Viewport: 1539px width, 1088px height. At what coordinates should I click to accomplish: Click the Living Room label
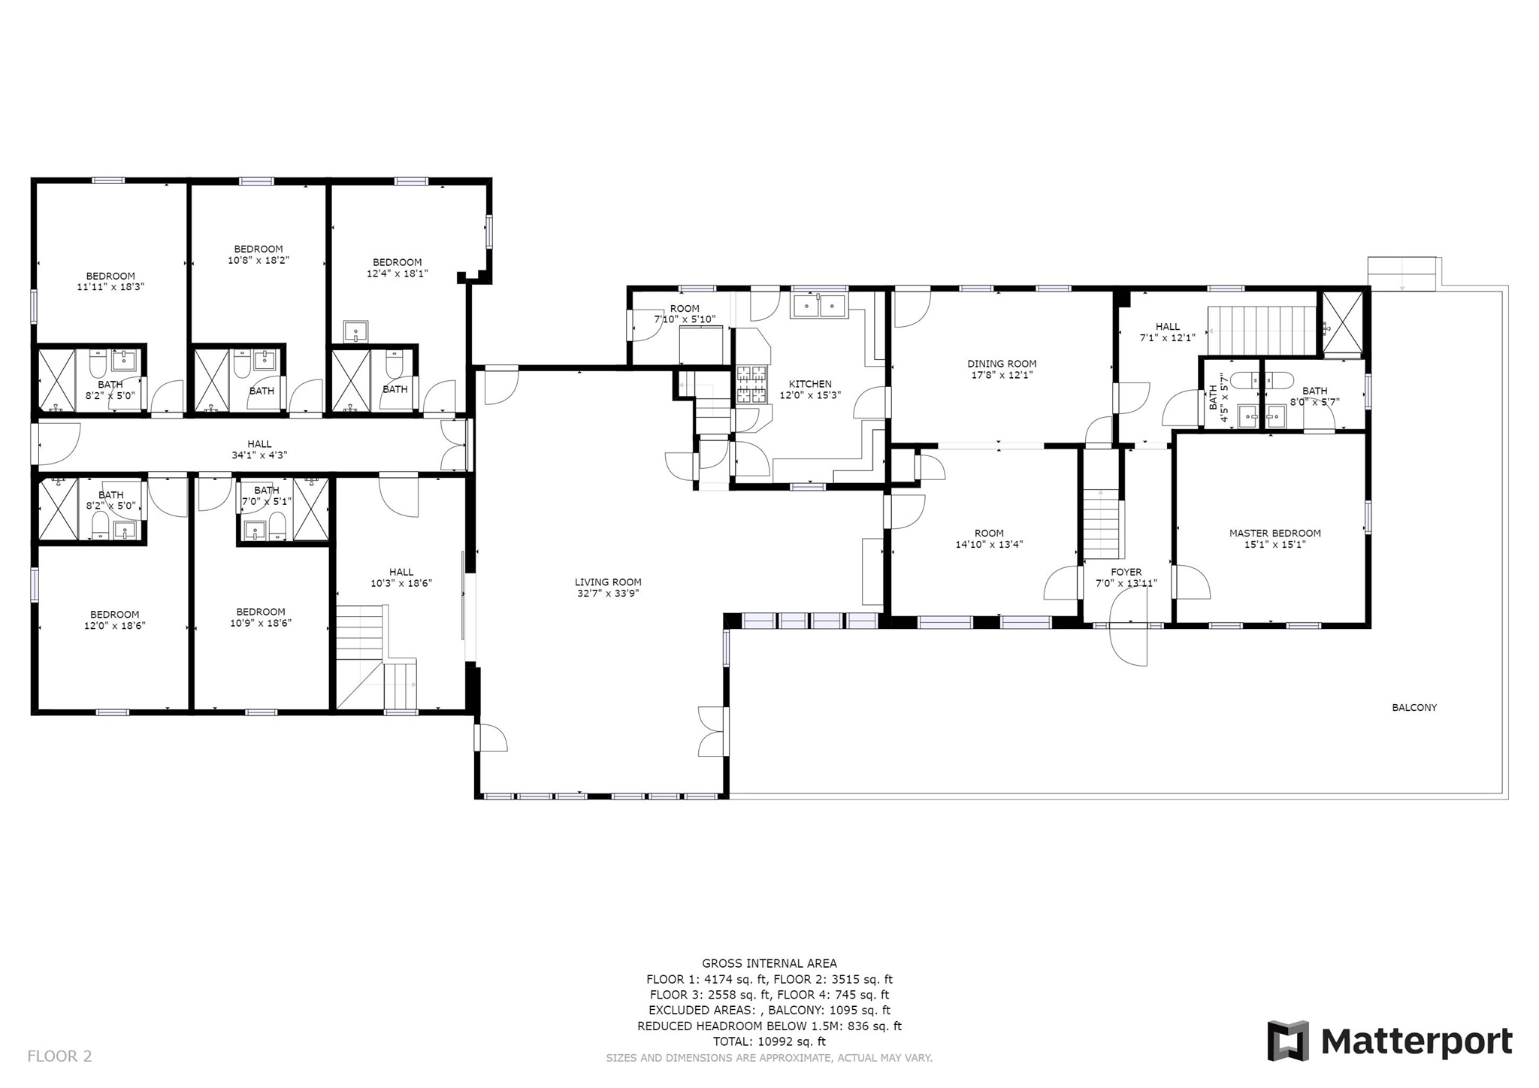point(608,582)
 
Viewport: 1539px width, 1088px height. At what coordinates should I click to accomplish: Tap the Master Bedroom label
point(1274,533)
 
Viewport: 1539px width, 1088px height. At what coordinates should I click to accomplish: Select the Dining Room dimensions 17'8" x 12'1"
point(1002,375)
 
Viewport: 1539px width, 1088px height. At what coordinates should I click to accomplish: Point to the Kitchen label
point(810,384)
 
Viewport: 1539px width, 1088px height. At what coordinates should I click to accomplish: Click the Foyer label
point(1126,572)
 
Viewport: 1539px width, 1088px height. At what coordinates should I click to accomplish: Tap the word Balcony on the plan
point(1414,707)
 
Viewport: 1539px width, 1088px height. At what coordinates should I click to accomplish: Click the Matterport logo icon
point(1288,1041)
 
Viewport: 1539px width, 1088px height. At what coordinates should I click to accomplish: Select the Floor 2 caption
point(59,1056)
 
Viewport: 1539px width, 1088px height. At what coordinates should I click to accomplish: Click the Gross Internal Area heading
point(769,963)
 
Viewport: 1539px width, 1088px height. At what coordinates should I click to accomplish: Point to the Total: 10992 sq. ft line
point(769,1041)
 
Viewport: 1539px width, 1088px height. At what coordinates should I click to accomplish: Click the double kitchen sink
point(818,306)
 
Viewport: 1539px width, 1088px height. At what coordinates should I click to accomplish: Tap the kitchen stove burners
point(752,384)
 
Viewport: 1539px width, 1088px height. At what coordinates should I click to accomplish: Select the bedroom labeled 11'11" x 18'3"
point(110,281)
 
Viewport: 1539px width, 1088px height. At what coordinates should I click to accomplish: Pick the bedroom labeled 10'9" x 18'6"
point(261,618)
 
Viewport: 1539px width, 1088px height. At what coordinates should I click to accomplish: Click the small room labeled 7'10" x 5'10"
point(685,314)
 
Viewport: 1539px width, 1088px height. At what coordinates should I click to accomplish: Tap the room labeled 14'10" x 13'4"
point(989,539)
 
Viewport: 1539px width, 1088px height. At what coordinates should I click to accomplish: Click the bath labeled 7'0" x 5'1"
point(266,496)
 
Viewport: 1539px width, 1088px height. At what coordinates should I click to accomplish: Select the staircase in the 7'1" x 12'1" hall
point(1262,330)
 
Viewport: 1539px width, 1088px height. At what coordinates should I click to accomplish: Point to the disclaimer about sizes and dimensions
point(769,1058)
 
